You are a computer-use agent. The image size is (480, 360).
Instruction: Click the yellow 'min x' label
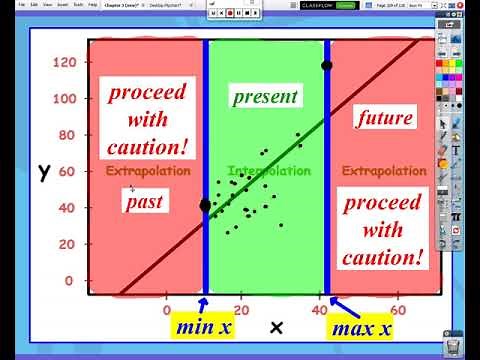[203, 328]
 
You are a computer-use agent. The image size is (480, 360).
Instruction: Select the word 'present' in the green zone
[265, 97]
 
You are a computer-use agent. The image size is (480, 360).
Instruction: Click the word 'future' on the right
[385, 117]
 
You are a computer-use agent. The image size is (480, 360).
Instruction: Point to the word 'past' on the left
[144, 202]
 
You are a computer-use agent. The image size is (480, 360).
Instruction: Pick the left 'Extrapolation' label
[148, 171]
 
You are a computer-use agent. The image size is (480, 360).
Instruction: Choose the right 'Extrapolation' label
[384, 171]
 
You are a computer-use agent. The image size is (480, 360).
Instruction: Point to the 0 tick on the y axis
[70, 281]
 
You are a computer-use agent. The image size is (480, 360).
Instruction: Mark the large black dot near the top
[326, 66]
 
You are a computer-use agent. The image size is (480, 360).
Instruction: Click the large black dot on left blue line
[206, 205]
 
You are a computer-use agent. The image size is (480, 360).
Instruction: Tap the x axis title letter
[277, 327]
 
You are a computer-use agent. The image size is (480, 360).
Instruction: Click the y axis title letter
[44, 171]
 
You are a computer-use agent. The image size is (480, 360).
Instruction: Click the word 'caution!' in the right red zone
[382, 258]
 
